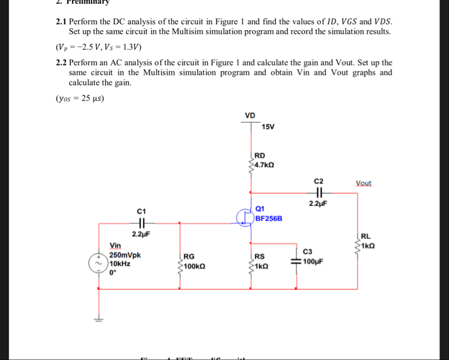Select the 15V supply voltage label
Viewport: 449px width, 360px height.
point(268,128)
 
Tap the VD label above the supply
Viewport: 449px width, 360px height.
point(250,116)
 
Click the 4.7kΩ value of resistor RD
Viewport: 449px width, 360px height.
point(264,165)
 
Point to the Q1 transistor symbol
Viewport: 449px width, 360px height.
point(244,218)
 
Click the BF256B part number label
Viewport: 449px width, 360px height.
point(269,218)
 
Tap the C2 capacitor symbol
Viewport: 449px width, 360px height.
point(318,193)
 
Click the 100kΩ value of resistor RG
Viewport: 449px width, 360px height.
point(194,267)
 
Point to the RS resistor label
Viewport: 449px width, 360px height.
point(260,256)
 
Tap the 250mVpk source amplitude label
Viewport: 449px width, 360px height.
point(125,255)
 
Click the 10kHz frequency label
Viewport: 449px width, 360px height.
point(121,263)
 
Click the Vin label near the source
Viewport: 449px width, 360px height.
point(116,245)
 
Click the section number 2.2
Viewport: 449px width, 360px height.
point(61,63)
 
